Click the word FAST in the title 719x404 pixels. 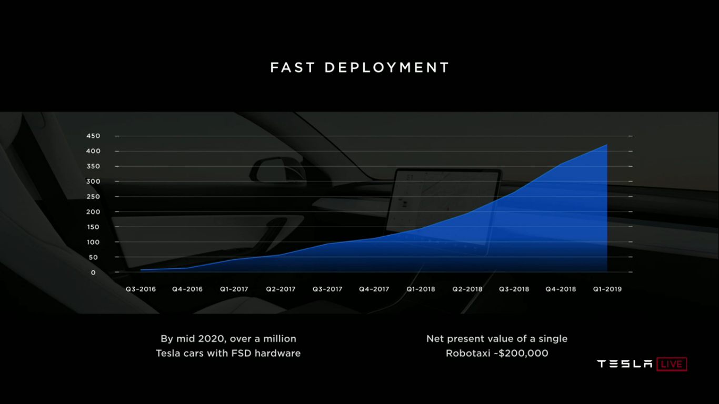[x=292, y=68]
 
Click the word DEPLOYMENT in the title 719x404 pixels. [x=387, y=68]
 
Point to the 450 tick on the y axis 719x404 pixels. [x=93, y=136]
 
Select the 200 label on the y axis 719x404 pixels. [x=93, y=212]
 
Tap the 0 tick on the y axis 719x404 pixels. [x=93, y=272]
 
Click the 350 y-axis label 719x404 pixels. [x=93, y=167]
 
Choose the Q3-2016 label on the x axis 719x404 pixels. [x=141, y=289]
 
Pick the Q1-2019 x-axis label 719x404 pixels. [x=607, y=289]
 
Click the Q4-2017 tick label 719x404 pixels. [x=374, y=289]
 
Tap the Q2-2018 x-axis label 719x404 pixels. [x=467, y=289]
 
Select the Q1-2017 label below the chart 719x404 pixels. [x=234, y=289]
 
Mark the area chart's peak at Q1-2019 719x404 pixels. [x=607, y=145]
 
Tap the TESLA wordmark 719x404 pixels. [x=625, y=364]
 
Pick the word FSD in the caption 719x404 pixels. [x=241, y=353]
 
